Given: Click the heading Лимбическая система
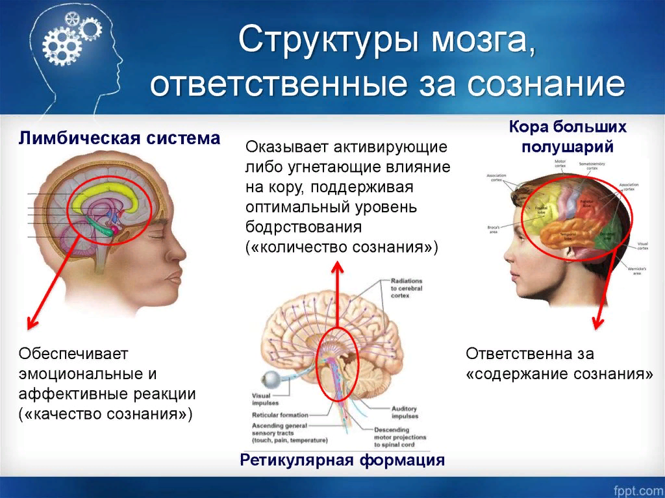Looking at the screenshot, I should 119,138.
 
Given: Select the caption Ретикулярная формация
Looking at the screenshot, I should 342,460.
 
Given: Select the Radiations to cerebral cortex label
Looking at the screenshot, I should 407,288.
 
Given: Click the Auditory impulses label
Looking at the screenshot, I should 404,412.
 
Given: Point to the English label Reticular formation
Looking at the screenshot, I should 280,415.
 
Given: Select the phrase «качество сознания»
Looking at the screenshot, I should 106,414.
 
